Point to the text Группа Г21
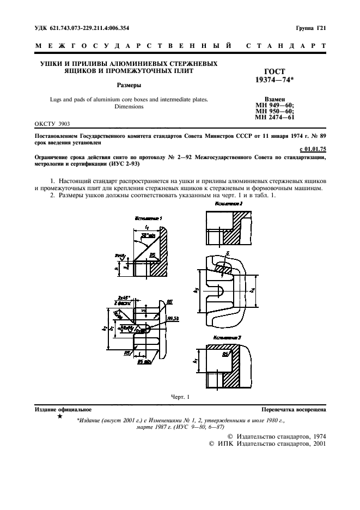pos(311,27)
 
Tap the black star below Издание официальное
pos(59,417)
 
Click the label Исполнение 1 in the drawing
pos(149,218)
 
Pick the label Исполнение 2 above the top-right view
pos(229,203)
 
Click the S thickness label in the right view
pos(227,252)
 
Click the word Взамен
pos(270,99)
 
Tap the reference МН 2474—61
pos(274,117)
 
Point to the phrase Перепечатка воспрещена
pos(294,409)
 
